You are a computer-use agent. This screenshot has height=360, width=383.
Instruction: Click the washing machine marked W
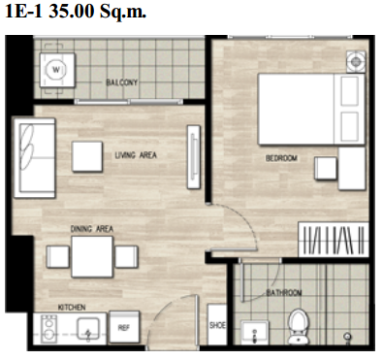[57, 70]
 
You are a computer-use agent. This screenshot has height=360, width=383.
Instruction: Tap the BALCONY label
[122, 82]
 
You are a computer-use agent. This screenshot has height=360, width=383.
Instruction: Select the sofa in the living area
[34, 158]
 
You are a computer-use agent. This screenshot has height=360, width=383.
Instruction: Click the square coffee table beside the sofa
[87, 156]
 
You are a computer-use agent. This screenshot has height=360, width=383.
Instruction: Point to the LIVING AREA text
[136, 155]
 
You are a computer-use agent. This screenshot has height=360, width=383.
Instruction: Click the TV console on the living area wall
[194, 157]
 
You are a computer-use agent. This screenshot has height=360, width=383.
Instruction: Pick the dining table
[92, 257]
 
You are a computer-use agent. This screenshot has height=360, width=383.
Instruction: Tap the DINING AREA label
[92, 229]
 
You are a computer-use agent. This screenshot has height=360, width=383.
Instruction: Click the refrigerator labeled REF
[124, 327]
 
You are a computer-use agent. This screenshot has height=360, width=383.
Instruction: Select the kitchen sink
[88, 329]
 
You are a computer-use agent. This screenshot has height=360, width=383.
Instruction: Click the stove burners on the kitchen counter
[49, 329]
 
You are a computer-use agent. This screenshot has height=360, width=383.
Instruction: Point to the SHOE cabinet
[217, 324]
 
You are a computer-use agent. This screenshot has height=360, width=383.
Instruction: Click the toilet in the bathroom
[299, 326]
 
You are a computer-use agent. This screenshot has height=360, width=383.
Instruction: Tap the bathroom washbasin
[255, 332]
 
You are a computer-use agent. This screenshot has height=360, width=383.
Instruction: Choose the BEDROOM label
[281, 158]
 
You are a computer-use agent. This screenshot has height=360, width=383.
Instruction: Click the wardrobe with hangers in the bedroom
[334, 240]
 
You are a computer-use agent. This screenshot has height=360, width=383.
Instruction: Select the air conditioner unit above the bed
[356, 61]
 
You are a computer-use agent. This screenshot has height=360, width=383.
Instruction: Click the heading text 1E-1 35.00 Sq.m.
[76, 12]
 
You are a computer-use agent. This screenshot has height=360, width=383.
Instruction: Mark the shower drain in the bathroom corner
[348, 336]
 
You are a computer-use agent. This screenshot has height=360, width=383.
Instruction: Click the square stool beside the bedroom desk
[326, 168]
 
